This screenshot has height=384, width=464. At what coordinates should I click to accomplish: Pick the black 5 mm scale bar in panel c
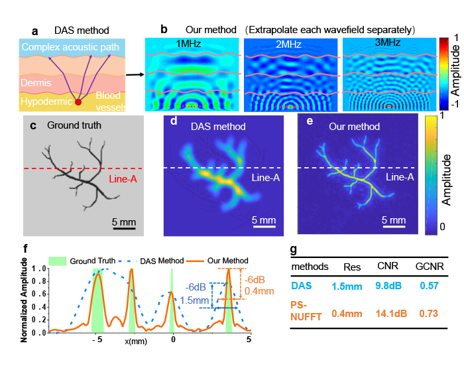click(x=124, y=227)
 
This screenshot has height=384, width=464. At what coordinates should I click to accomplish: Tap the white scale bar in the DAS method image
click(x=262, y=227)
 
